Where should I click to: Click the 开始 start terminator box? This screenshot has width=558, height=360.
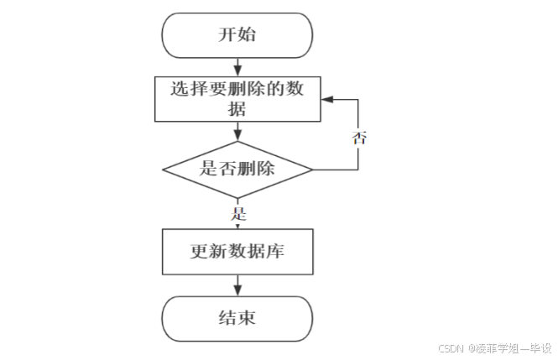[238, 35]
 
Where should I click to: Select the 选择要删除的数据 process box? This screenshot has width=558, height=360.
[238, 98]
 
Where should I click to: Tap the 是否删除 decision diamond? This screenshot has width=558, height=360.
[238, 168]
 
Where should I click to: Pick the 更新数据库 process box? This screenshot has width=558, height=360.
[238, 251]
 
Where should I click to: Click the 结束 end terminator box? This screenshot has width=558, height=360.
[238, 319]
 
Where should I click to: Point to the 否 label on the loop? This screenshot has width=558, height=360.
[359, 138]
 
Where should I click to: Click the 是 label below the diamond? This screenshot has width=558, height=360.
[238, 212]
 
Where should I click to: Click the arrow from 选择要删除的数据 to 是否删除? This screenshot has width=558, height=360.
[238, 130]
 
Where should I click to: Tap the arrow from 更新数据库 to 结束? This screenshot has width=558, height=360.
[238, 285]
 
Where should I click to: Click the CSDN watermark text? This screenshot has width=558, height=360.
[452, 348]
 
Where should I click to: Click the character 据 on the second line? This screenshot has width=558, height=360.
[238, 108]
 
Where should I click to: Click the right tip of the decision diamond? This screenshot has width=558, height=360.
[312, 169]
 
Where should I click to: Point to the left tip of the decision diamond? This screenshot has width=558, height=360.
[163, 169]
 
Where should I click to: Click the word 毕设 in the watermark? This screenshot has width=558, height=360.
[542, 348]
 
